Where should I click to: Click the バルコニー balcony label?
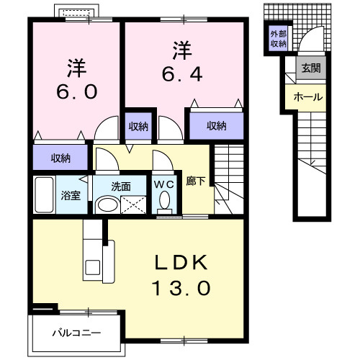76,333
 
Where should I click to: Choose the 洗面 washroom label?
120,186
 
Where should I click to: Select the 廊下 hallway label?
195,184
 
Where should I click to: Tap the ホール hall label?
307,97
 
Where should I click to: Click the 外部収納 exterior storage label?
278,39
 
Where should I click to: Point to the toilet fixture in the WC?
163,203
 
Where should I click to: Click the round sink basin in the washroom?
107,204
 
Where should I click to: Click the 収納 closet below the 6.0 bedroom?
60,157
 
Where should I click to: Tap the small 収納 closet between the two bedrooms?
139,126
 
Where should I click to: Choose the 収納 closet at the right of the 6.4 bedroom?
216,126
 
